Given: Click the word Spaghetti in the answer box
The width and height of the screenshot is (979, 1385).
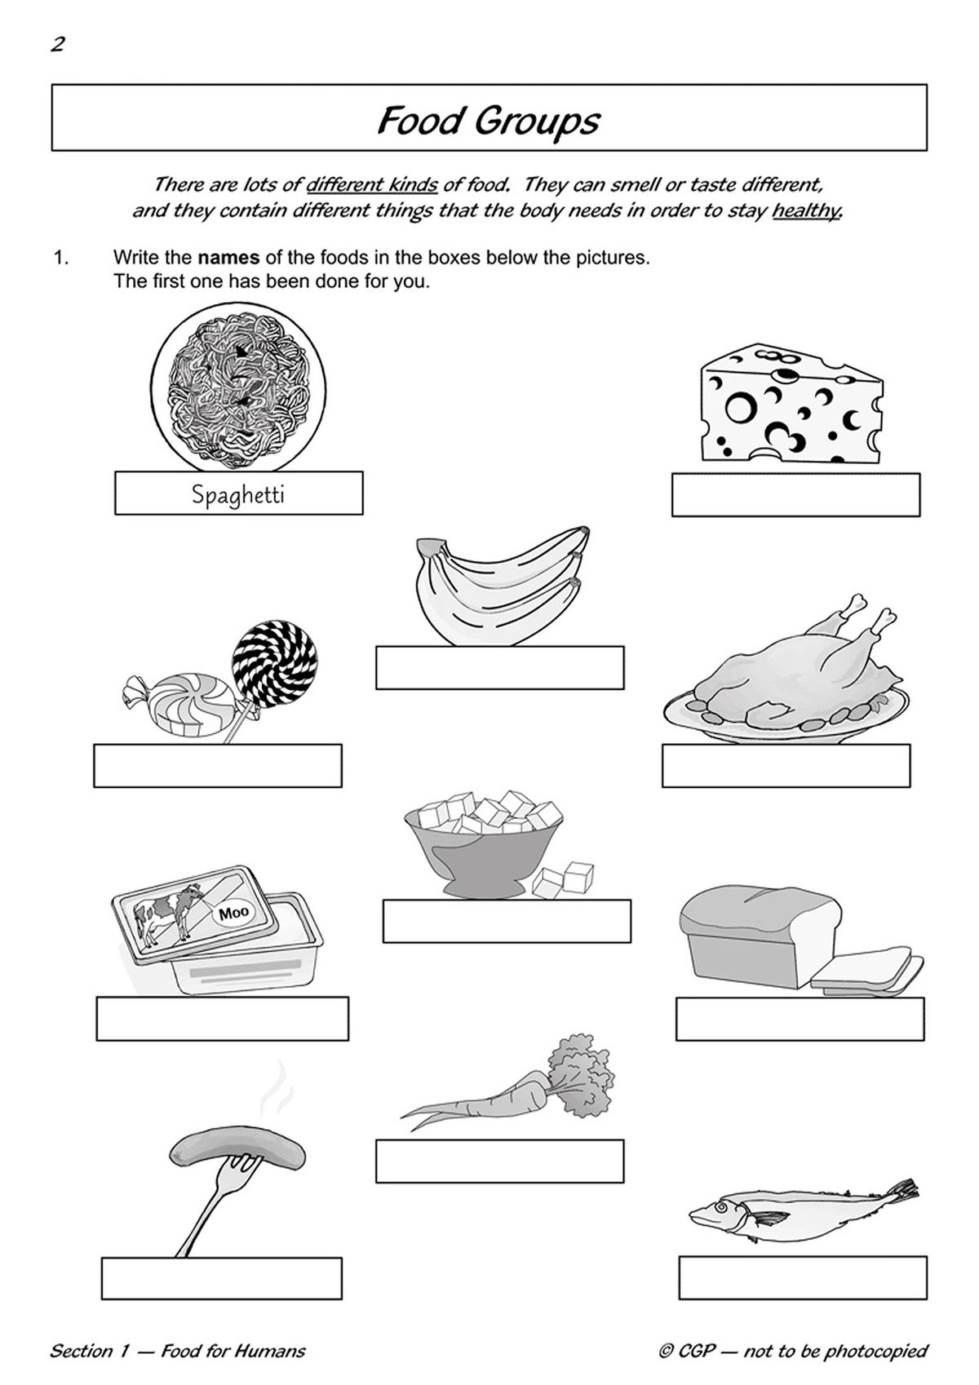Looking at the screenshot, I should [237, 494].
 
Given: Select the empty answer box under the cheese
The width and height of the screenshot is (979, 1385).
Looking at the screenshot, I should [795, 494].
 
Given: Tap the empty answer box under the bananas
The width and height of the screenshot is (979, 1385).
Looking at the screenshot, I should [499, 667].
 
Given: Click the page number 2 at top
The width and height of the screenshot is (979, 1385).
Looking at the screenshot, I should [57, 44].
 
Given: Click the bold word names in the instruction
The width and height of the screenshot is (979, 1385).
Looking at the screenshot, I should [228, 258].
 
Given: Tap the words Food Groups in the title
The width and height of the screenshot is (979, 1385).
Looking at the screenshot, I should [488, 121].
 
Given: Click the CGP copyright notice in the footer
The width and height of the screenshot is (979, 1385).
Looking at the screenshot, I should [793, 1351].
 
